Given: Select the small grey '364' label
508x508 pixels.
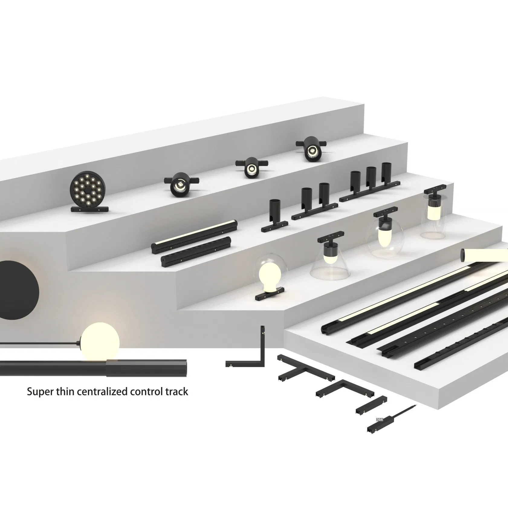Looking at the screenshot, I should [x=379, y=419].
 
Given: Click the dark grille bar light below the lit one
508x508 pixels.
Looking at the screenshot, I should [x=196, y=251].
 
